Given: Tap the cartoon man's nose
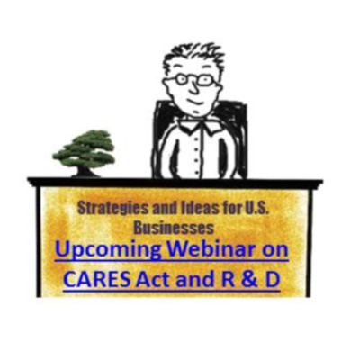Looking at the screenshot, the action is click(x=195, y=87).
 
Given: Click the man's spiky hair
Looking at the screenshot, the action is click(x=193, y=58).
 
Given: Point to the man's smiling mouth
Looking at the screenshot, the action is click(x=195, y=102).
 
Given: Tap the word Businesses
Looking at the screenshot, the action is click(x=174, y=228).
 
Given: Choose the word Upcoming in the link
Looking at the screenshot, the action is click(x=109, y=251).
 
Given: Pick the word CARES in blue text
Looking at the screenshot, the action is click(x=97, y=279).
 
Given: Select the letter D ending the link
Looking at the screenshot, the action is click(x=273, y=280).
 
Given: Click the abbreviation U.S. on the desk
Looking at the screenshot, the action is click(x=255, y=209).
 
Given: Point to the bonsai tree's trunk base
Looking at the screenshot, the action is click(x=84, y=174).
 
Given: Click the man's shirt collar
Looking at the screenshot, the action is click(x=199, y=123).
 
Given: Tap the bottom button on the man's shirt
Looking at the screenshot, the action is click(x=196, y=173).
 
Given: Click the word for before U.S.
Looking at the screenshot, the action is click(x=230, y=209).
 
